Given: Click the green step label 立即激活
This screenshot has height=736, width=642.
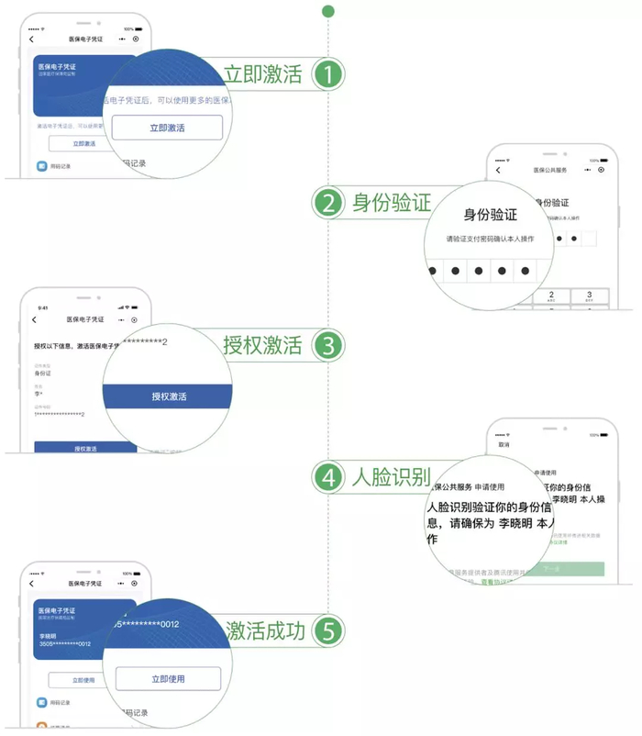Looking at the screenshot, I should pyautogui.click(x=262, y=75).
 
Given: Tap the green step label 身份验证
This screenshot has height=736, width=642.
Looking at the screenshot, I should pyautogui.click(x=391, y=203).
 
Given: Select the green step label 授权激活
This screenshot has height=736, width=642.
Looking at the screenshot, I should pyautogui.click(x=262, y=346).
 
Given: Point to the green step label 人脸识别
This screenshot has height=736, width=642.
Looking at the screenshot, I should pyautogui.click(x=391, y=477).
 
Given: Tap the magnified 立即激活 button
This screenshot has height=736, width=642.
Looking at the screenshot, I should pyautogui.click(x=168, y=128).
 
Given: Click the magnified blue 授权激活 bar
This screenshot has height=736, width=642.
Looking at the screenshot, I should pyautogui.click(x=169, y=396).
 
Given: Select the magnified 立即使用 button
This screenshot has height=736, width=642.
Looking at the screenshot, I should pyautogui.click(x=168, y=679).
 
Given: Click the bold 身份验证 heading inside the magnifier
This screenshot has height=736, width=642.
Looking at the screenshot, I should pyautogui.click(x=491, y=215).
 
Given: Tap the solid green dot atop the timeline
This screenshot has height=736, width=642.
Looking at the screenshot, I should pyautogui.click(x=328, y=11).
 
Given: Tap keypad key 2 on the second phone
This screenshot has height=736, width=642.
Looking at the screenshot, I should pyautogui.click(x=551, y=296).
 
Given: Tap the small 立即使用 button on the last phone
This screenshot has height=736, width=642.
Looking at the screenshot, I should pyautogui.click(x=83, y=680).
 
